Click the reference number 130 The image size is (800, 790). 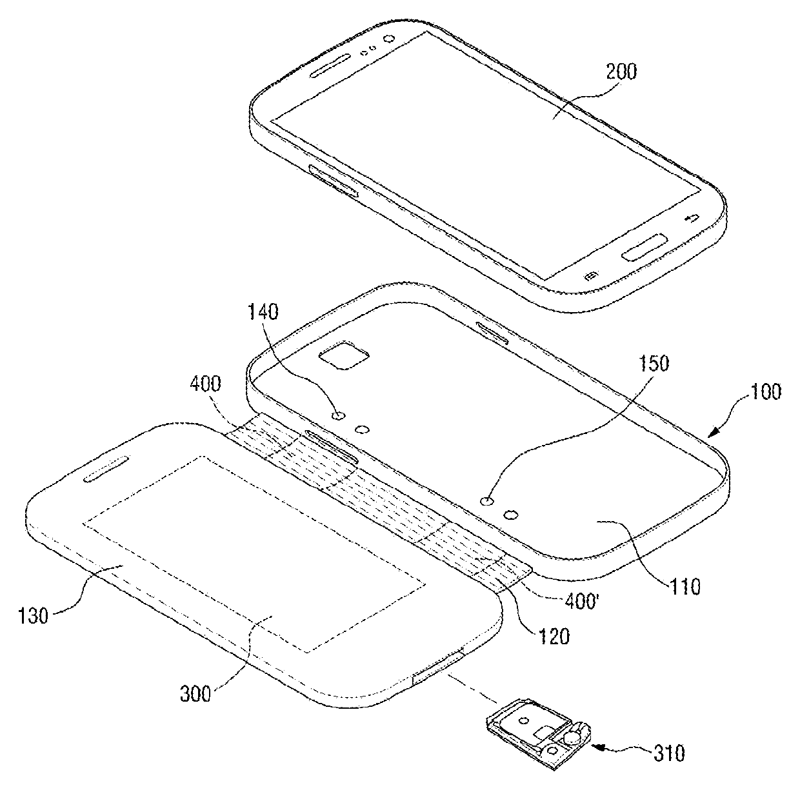pos(33,616)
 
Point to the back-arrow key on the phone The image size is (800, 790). pos(689,218)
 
